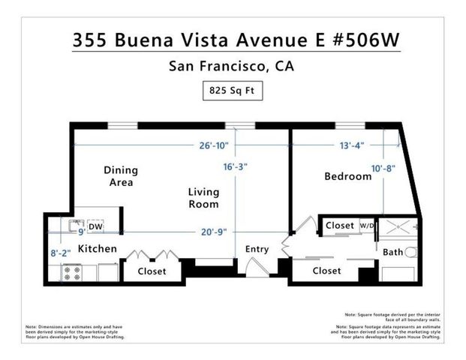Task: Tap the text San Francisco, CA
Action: (233, 66)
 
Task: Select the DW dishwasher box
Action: (95, 226)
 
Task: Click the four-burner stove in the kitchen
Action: (71, 272)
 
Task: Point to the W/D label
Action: (366, 225)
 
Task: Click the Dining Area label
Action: (120, 176)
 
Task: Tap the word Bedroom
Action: (347, 177)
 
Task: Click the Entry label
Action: (257, 250)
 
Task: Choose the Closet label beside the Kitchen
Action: (152, 271)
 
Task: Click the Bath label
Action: (393, 253)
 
